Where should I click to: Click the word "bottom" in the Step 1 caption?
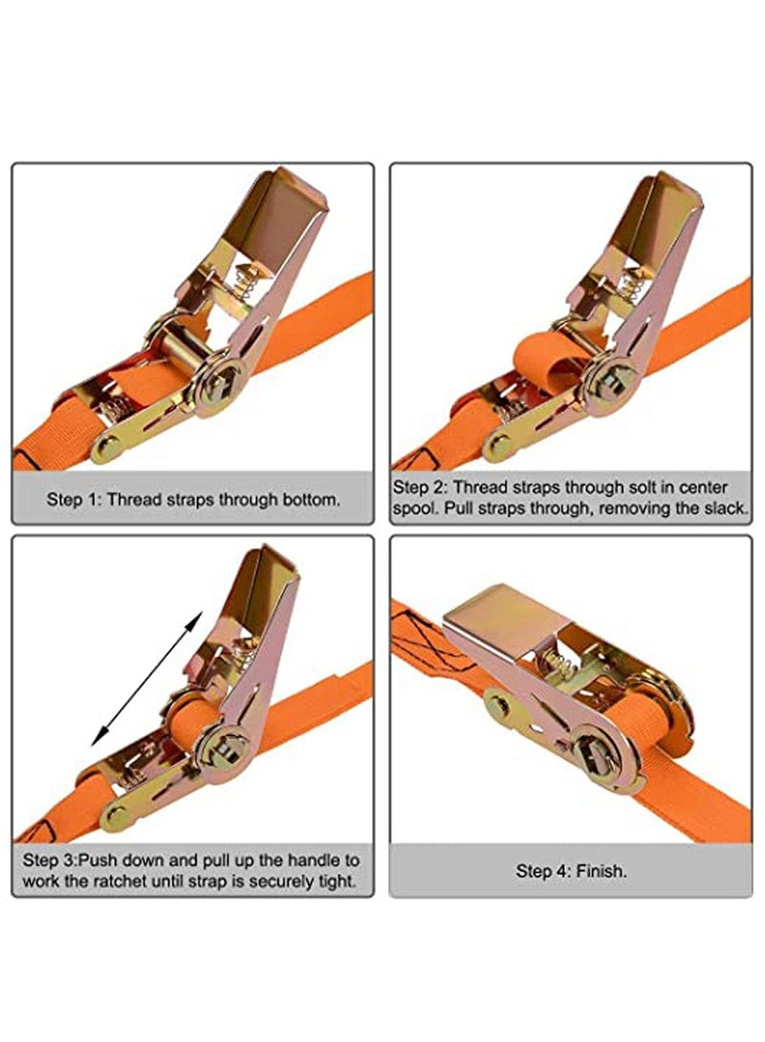pyautogui.click(x=311, y=500)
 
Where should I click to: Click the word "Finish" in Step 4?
pyautogui.click(x=601, y=871)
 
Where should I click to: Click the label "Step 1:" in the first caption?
pyautogui.click(x=74, y=500)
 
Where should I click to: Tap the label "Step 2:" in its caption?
pyautogui.click(x=420, y=488)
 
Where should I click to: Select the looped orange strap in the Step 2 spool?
pyautogui.click(x=547, y=363)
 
